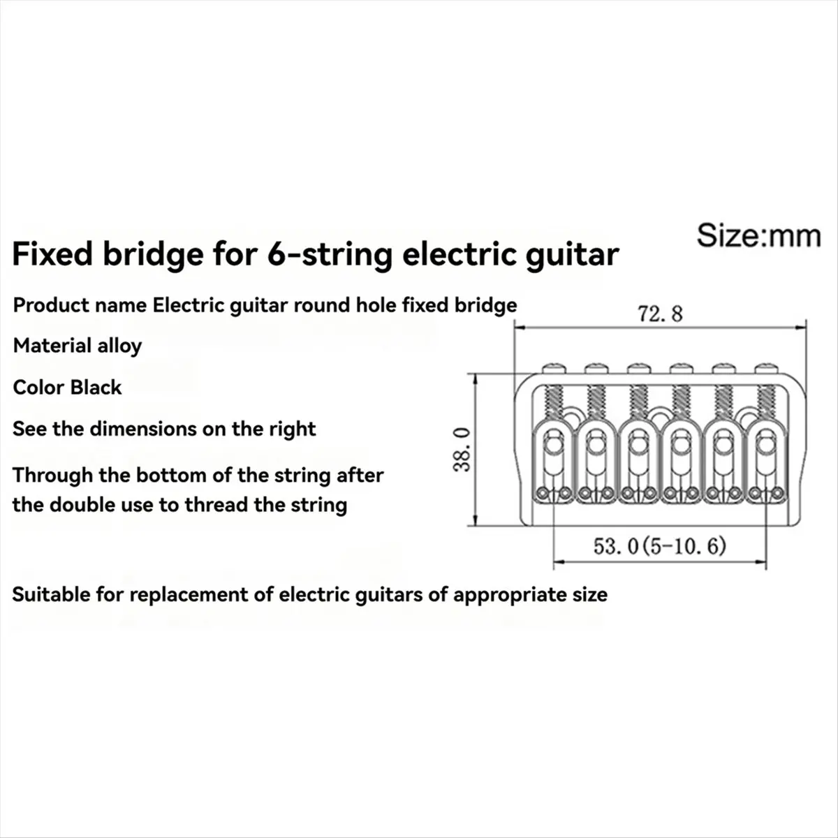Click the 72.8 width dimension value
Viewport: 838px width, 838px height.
click(x=659, y=315)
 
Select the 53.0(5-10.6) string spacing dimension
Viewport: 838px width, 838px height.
click(x=659, y=545)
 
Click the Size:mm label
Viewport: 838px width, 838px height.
click(x=758, y=236)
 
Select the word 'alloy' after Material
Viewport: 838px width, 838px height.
click(x=121, y=346)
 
